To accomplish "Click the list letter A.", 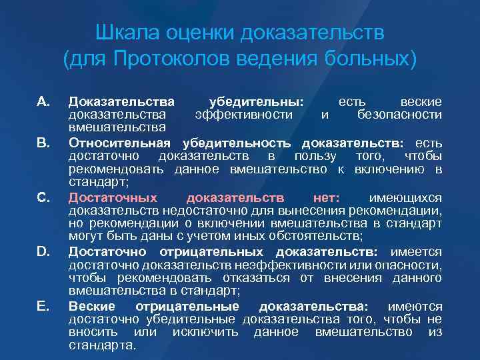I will click(x=44, y=102).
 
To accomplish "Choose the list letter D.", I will click(x=44, y=251).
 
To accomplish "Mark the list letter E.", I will click(x=44, y=305).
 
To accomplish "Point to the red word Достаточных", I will click(x=113, y=197).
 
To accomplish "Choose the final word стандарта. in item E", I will click(x=102, y=345).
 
